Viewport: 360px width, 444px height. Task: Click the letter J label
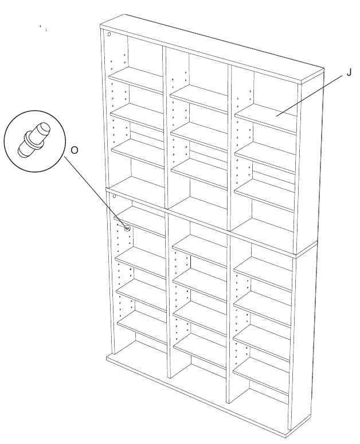349,72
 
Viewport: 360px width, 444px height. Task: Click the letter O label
74,150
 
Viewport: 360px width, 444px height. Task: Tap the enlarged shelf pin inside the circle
34,139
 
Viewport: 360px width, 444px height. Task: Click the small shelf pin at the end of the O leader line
127,228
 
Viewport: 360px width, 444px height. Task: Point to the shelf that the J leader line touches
266,119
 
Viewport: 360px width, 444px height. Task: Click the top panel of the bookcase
212,48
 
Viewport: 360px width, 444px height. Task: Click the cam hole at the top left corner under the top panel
109,34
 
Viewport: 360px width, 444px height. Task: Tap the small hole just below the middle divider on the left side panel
114,196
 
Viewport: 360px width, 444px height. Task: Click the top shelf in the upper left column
136,80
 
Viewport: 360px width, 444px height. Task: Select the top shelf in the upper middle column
199,99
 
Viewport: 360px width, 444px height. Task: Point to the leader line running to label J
310,96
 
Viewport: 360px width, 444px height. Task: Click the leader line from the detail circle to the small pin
96,192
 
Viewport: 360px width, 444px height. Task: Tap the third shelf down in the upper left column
138,153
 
